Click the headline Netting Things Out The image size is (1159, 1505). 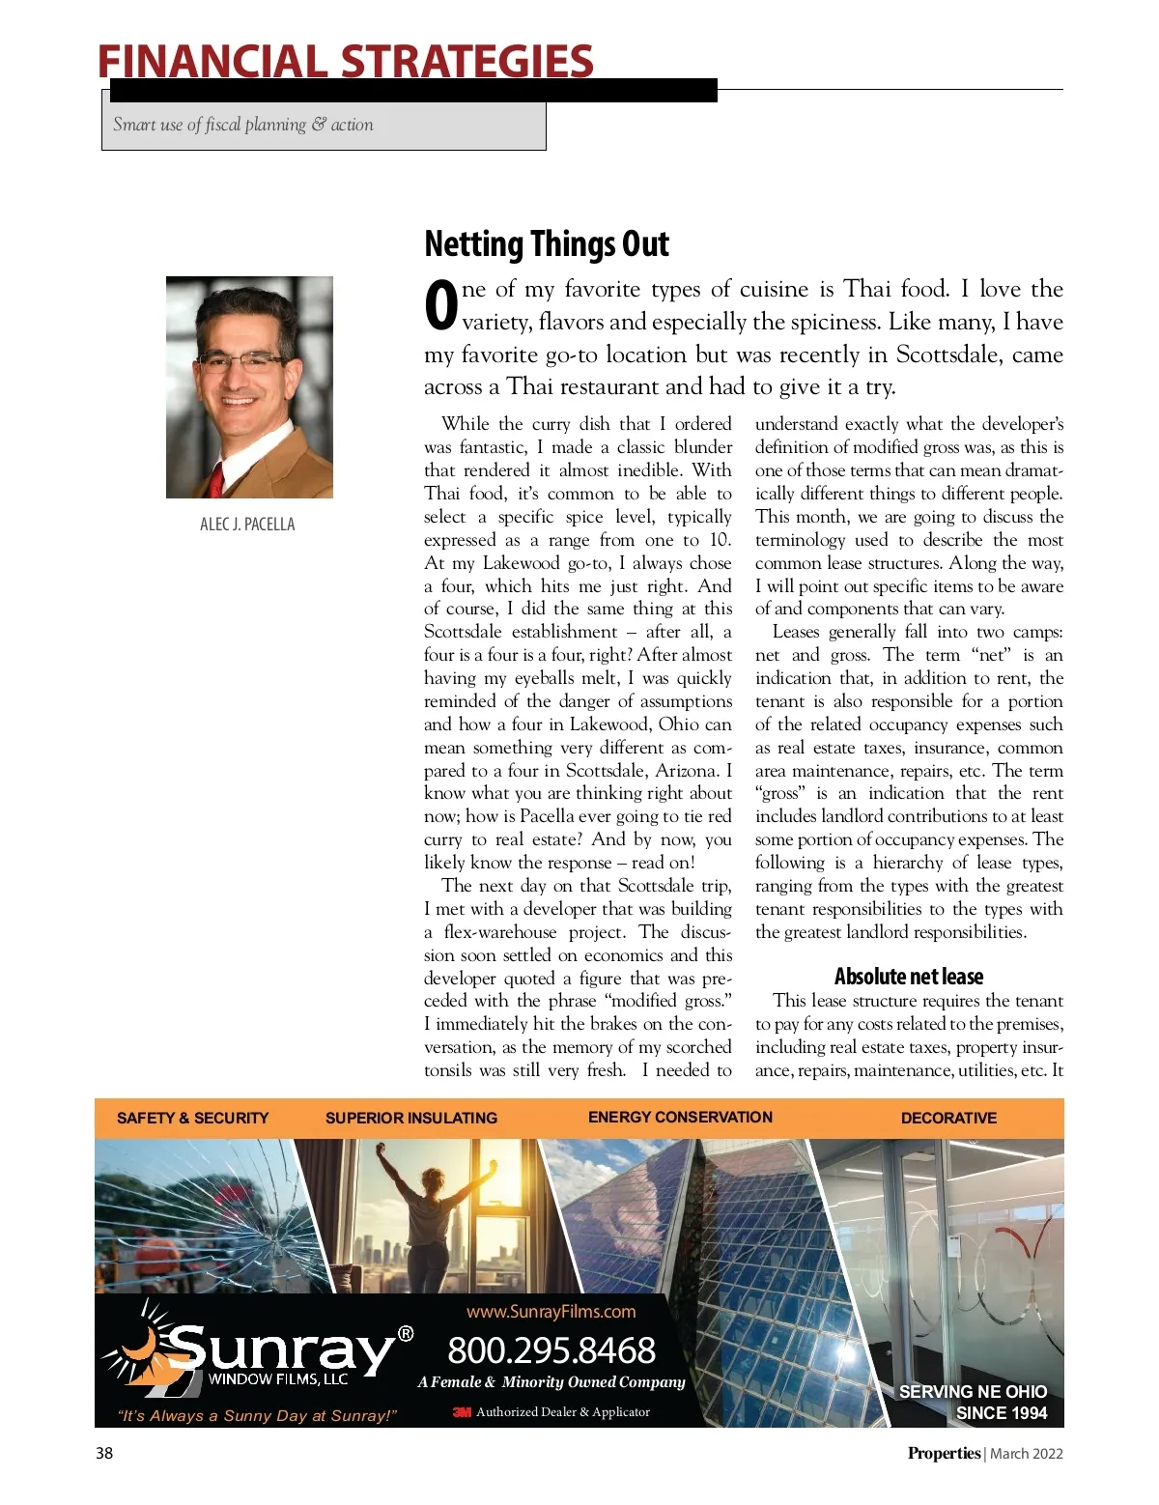pyautogui.click(x=546, y=244)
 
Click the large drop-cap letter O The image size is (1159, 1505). pyautogui.click(x=440, y=304)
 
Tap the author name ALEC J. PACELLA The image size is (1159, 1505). pyautogui.click(x=247, y=525)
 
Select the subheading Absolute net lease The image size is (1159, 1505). pyautogui.click(x=908, y=977)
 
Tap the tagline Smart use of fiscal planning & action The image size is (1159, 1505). pyautogui.click(x=242, y=125)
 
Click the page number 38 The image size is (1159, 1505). pyautogui.click(x=104, y=1453)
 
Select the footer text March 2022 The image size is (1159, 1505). pyautogui.click(x=1026, y=1454)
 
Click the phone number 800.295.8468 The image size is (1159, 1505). pyautogui.click(x=551, y=1350)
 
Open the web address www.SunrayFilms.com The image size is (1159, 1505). pyautogui.click(x=551, y=1312)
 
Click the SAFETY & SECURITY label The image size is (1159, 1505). pyautogui.click(x=192, y=1118)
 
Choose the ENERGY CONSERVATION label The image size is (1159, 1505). pyautogui.click(x=680, y=1117)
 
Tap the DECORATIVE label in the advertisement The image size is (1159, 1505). pyautogui.click(x=948, y=1118)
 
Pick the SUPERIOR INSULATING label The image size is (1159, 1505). pyautogui.click(x=410, y=1118)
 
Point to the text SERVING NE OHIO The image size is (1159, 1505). pyautogui.click(x=973, y=1392)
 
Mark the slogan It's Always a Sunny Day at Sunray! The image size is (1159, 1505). pyautogui.click(x=257, y=1416)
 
